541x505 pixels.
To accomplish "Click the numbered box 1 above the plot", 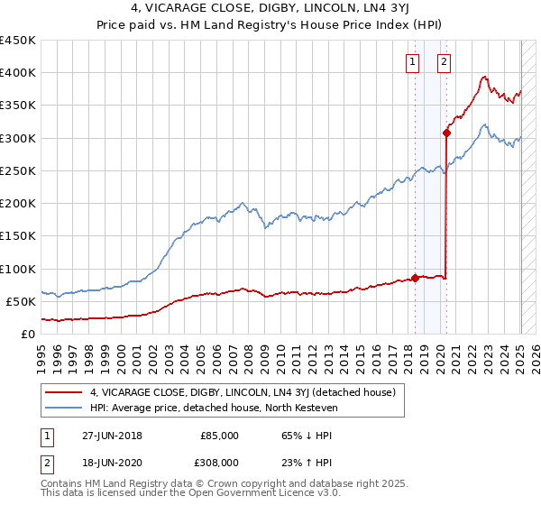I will click(412, 62).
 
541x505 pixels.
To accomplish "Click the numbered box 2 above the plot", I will click(445, 62).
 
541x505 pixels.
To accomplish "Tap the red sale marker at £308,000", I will click(446, 133).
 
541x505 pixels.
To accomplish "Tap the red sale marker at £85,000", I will click(415, 278).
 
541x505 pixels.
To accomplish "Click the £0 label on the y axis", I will click(27, 335).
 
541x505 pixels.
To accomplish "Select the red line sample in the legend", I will click(63, 392).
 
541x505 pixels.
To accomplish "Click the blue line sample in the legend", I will click(63, 409).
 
